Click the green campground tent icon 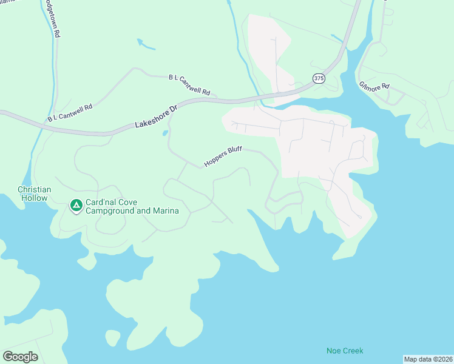[x=76, y=206]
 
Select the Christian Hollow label [x=34, y=194]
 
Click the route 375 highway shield [x=319, y=78]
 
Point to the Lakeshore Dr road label [x=156, y=117]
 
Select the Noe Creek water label [x=344, y=351]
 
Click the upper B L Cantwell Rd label [x=189, y=85]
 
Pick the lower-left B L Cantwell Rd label [x=70, y=112]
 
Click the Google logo [x=20, y=356]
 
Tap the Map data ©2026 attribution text [x=428, y=359]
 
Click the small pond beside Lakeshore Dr [x=165, y=133]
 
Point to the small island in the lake [x=112, y=337]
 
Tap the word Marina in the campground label [x=165, y=211]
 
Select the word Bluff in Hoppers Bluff [x=235, y=152]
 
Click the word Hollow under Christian [x=34, y=198]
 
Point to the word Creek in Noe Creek [x=352, y=351]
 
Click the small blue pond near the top [x=146, y=44]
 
